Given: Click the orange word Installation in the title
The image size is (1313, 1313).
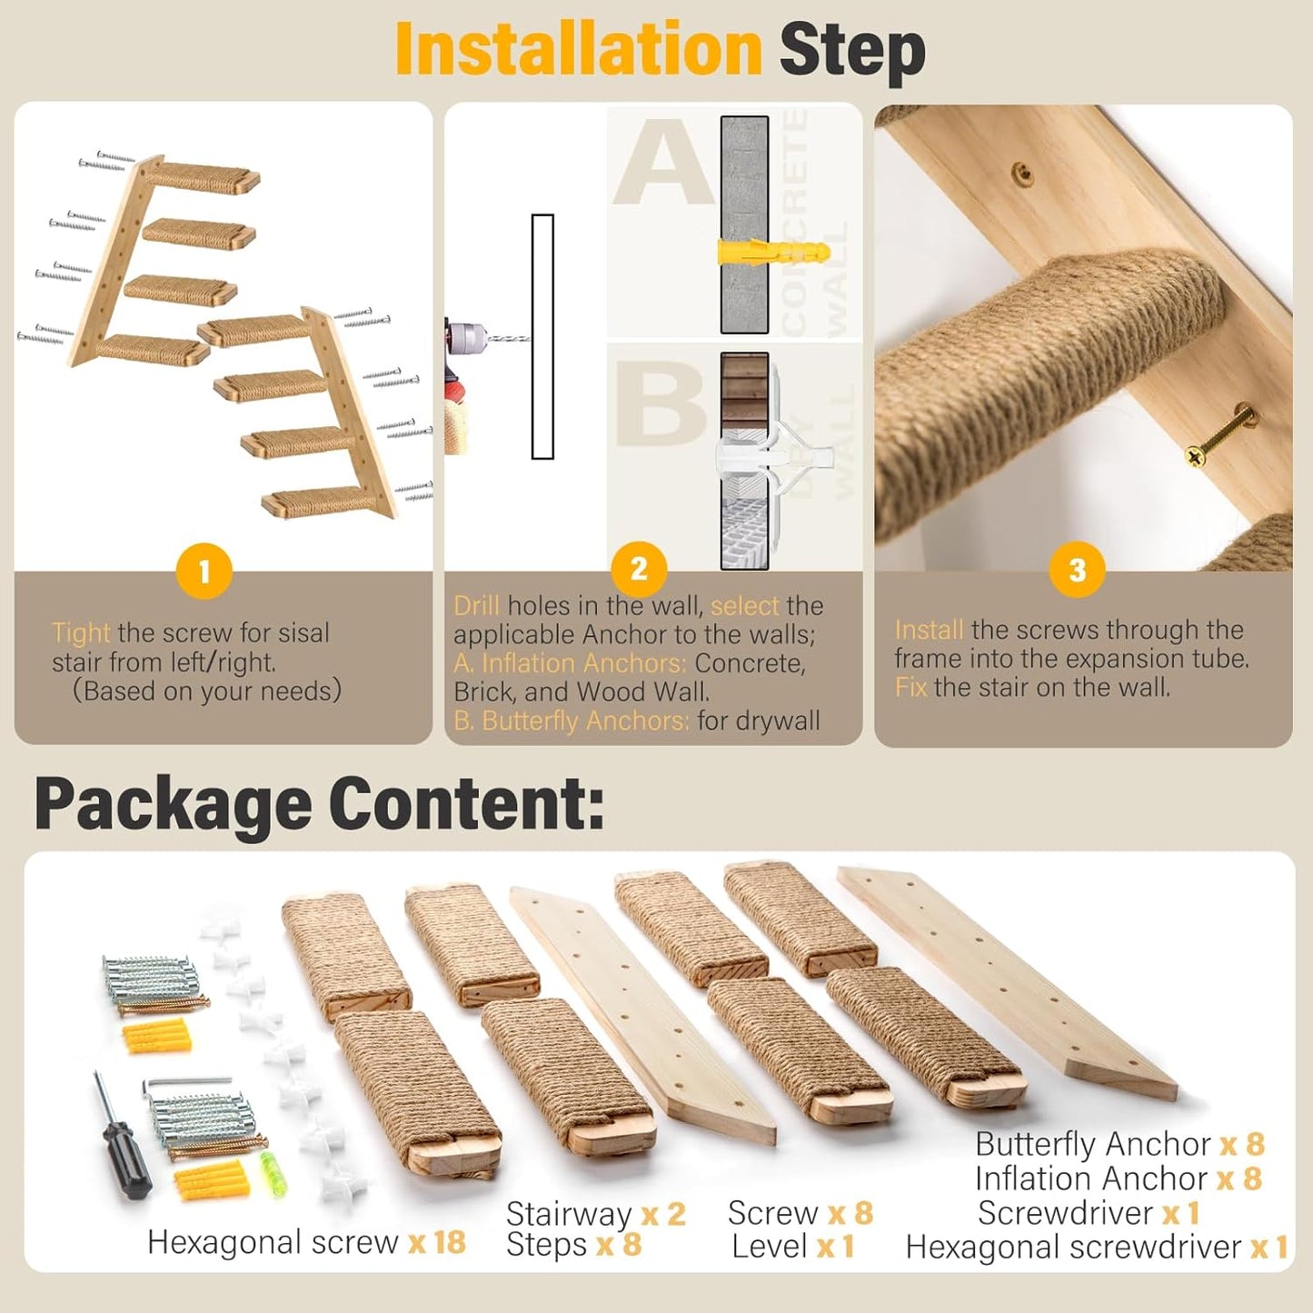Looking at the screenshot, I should [578, 50].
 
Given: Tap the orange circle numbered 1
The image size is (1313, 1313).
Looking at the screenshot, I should [204, 572].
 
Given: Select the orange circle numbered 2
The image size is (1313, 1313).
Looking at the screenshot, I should [639, 569].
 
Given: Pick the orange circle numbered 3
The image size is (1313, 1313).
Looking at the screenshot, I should [1077, 570].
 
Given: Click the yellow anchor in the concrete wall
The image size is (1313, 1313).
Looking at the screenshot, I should [772, 252].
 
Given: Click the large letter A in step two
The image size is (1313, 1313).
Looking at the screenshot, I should [663, 164].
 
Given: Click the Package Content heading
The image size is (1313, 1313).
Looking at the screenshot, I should [319, 803].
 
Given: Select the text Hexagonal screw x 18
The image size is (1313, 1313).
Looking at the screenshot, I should [306, 1242].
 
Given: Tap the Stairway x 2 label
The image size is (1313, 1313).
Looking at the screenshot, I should [595, 1213].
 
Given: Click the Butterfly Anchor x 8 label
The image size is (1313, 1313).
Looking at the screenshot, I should [1119, 1144].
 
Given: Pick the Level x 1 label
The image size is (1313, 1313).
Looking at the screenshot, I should [793, 1247].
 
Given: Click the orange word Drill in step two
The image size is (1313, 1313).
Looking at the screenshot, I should [476, 606].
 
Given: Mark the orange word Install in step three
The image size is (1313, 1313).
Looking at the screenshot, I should [929, 630].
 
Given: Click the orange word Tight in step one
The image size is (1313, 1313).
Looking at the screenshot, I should [81, 632].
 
